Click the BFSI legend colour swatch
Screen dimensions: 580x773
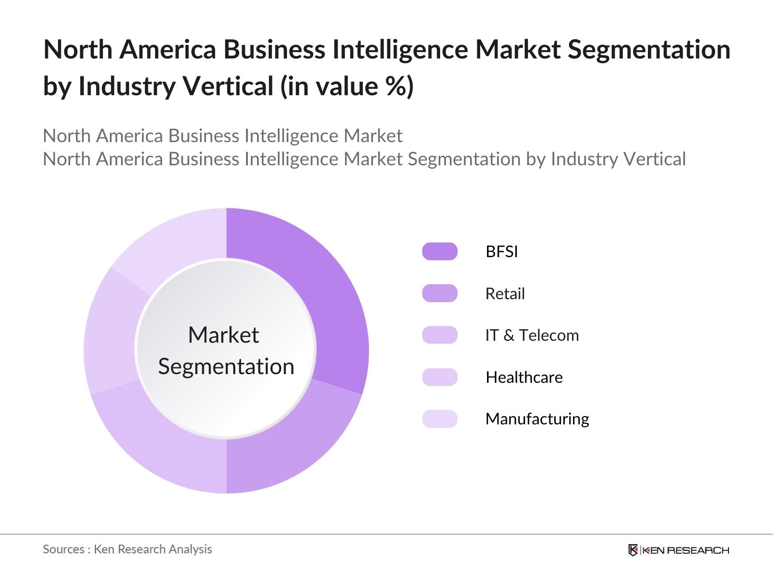[440, 251]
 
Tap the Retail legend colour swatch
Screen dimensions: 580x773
[440, 293]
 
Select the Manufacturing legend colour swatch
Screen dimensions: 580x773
[440, 419]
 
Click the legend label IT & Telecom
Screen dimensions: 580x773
[532, 335]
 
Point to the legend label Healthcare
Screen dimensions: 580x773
[524, 377]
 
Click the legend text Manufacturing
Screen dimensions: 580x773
[537, 419]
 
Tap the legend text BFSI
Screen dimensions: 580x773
[501, 251]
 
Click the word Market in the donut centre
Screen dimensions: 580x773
[223, 335]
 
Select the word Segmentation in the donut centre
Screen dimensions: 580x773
[226, 366]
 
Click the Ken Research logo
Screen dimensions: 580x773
[678, 550]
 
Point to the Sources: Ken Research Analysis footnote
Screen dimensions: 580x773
[127, 549]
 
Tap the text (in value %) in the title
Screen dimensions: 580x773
[347, 86]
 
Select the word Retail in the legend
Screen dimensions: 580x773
[505, 293]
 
